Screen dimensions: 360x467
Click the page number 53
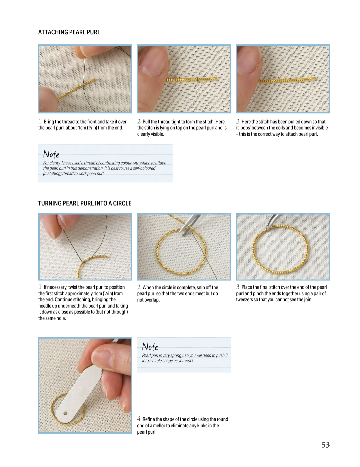tap(325, 445)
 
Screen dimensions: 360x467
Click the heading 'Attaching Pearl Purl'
tap(69, 32)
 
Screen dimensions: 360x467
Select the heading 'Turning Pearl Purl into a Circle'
tap(85, 203)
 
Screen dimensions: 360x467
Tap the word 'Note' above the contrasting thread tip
tap(51, 154)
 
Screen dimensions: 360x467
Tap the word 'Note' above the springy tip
tap(150, 347)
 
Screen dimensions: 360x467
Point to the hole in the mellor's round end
tap(65, 413)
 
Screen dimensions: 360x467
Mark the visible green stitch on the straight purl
tap(197, 79)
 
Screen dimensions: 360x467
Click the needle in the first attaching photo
tap(84, 70)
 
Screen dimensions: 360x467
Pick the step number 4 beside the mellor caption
tap(139, 419)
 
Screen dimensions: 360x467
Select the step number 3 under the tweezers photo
tap(238, 287)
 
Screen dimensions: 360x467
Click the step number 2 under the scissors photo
tap(139, 287)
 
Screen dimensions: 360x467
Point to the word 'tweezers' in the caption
tap(244, 300)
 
